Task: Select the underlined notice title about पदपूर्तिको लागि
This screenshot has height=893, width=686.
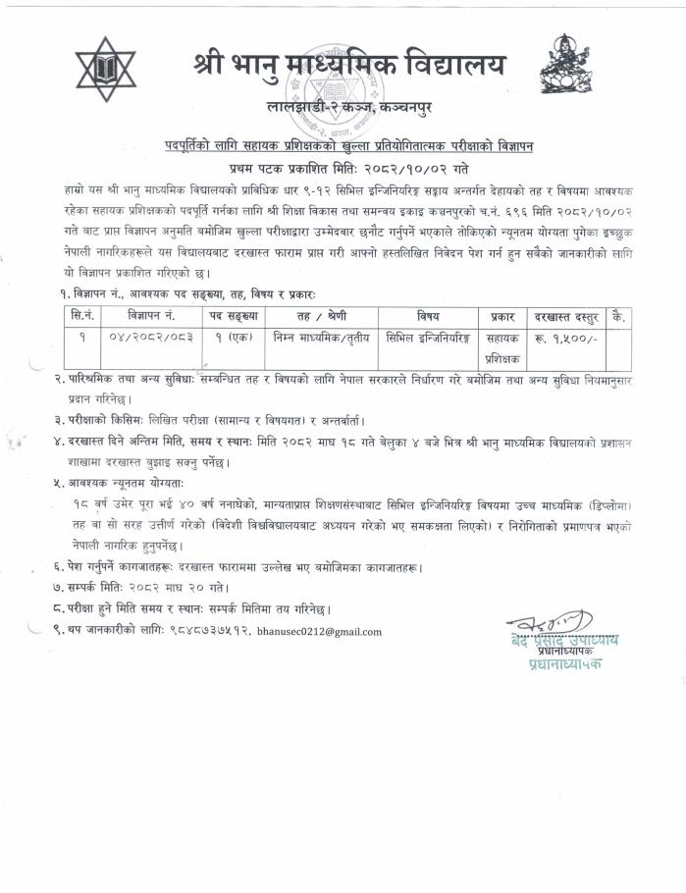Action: point(348,144)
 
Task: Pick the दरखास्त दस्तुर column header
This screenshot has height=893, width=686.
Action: point(565,317)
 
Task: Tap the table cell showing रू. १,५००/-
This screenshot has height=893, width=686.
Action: point(565,338)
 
